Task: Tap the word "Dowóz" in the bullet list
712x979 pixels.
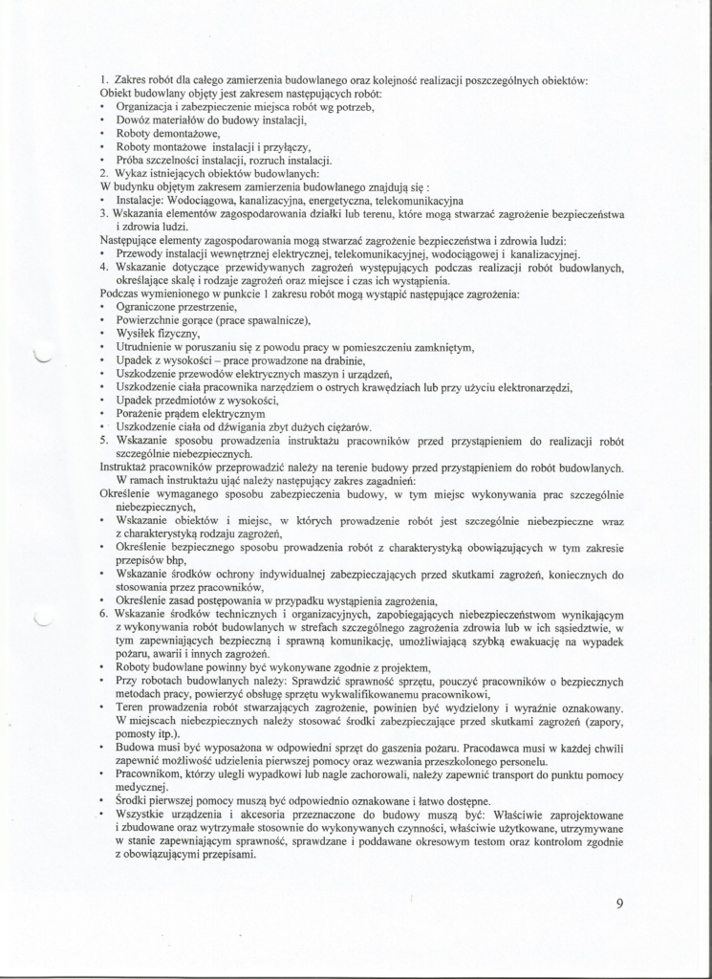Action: pos(134,120)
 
